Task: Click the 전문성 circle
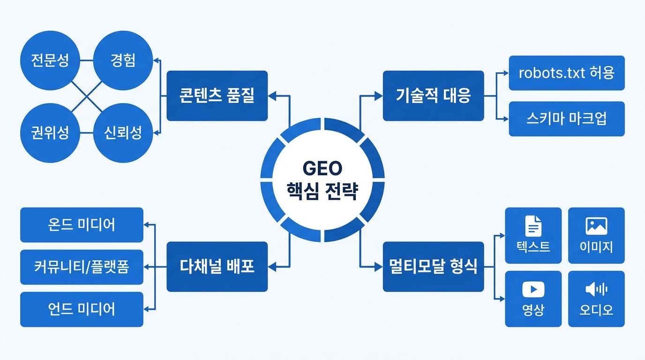[50, 60]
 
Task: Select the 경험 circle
[123, 60]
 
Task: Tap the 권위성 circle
[50, 133]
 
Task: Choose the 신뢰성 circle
[123, 133]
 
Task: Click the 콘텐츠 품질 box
[217, 96]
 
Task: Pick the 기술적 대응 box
[433, 96]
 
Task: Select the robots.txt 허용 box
[567, 73]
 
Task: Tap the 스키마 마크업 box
[567, 119]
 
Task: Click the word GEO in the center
[322, 168]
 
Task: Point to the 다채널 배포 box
[217, 266]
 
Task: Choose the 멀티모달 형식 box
[433, 266]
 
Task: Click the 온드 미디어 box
[82, 225]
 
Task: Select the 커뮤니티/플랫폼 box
[82, 267]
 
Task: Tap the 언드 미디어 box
[82, 309]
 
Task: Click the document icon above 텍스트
[533, 226]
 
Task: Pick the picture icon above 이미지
[596, 226]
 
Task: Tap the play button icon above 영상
[533, 289]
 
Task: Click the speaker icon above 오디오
[596, 289]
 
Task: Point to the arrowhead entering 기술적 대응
[379, 96]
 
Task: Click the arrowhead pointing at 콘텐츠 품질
[272, 96]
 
